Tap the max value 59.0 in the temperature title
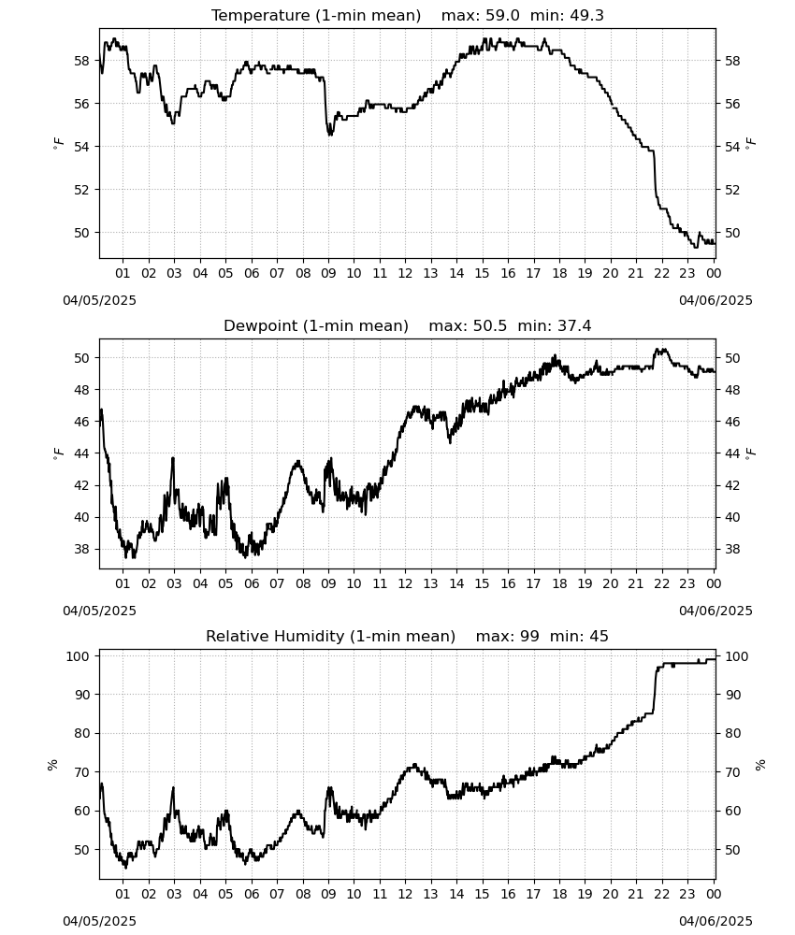[503, 16]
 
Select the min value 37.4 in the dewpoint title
[574, 325]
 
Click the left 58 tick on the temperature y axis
[81, 61]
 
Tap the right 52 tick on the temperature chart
[732, 190]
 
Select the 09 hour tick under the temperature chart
[328, 273]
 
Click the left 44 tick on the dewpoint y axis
[81, 453]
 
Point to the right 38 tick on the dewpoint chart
[732, 549]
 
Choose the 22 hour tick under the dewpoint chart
[661, 583]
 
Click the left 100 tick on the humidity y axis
[79, 656]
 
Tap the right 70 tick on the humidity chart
[732, 772]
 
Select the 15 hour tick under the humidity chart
[482, 894]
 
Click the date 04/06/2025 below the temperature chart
[715, 300]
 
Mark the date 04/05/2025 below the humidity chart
[99, 921]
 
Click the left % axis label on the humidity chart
[52, 765]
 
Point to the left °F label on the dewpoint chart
[58, 453]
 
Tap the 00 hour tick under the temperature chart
[714, 273]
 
